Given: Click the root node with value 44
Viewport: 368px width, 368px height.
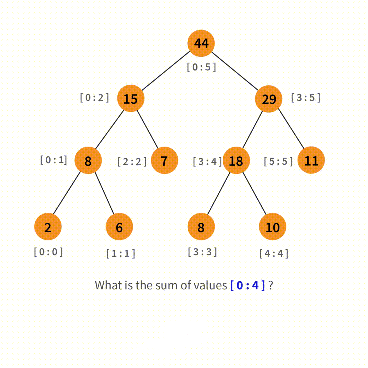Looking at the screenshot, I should tap(201, 43).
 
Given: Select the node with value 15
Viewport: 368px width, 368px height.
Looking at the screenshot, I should tap(131, 99).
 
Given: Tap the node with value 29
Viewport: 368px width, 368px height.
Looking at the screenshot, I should tap(269, 99).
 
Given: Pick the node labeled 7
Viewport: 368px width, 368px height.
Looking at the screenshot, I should tap(164, 160).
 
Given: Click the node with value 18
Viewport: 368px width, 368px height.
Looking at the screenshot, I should tap(236, 160).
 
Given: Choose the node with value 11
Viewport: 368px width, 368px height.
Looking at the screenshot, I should tap(311, 160).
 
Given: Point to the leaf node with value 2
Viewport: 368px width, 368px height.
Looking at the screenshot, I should tap(48, 227).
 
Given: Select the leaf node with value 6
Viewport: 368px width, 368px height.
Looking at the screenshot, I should tap(119, 227).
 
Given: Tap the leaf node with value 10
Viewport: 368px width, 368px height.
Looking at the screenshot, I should tap(272, 227).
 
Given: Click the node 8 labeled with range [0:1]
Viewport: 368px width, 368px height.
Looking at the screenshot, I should tap(88, 160).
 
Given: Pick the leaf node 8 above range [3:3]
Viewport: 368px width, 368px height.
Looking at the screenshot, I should tap(201, 227).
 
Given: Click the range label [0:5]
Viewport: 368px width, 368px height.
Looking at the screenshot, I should tap(201, 67).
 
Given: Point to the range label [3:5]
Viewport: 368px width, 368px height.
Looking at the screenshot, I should tap(305, 98).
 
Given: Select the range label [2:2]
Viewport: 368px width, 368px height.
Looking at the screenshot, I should tap(132, 161).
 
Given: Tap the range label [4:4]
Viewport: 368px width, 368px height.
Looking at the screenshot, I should tap(274, 254).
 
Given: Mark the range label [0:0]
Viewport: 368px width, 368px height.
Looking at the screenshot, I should tap(48, 252).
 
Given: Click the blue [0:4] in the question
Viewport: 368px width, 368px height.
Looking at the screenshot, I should tap(248, 286).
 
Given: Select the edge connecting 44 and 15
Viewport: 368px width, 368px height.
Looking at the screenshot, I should tap(166, 71).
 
